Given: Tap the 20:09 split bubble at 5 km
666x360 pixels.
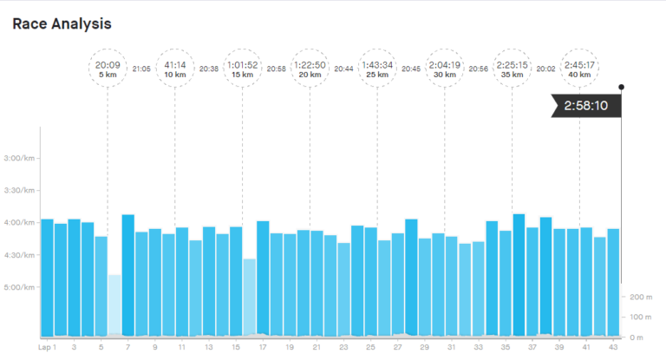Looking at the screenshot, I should [107, 69].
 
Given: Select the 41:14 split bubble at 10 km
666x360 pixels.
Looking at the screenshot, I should [174, 69].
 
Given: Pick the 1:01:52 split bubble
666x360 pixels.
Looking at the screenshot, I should [242, 69].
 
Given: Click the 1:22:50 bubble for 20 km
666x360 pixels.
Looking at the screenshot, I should [310, 69].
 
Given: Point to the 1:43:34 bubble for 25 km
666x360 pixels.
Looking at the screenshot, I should [377, 69].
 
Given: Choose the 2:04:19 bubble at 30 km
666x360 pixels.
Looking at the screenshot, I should [445, 69].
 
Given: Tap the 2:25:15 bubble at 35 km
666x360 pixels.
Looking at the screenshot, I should [512, 69].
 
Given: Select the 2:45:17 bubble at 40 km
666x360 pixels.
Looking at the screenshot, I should [579, 69].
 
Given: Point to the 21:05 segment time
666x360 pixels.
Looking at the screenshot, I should [141, 69].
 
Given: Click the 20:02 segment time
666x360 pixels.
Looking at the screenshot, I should [546, 69].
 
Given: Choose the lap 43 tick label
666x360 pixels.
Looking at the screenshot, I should [613, 347].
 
